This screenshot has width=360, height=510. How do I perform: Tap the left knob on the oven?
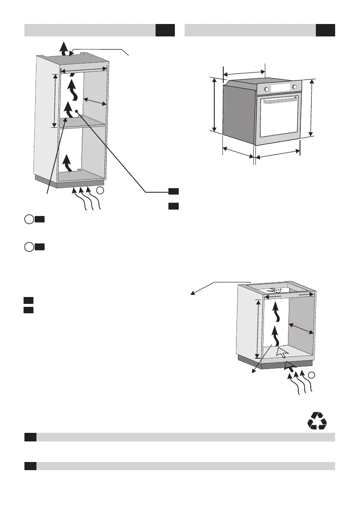(267, 89)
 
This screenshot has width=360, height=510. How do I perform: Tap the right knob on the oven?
(294, 87)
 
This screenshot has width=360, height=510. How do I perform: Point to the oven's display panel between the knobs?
(280, 88)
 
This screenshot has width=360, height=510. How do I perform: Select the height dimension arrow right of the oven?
(312, 108)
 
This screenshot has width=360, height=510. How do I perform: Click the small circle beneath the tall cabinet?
(99, 190)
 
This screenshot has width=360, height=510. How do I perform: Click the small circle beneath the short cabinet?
(312, 375)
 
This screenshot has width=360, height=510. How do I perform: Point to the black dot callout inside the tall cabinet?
(76, 111)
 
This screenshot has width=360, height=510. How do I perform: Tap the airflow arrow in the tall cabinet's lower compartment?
(66, 163)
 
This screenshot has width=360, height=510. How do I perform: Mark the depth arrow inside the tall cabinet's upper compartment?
(95, 101)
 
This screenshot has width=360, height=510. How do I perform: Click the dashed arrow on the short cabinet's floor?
(282, 353)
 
